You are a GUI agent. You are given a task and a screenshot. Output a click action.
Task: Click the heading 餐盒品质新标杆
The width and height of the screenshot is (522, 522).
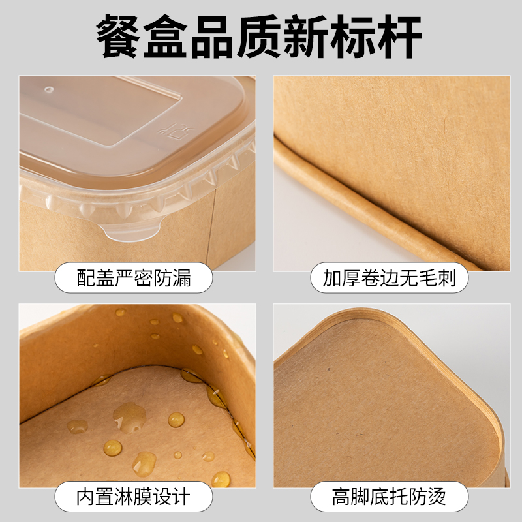coord(259,37)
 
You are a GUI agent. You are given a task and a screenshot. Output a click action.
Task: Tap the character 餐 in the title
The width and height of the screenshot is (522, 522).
coord(119,37)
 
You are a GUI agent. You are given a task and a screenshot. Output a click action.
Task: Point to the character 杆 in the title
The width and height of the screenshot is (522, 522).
coord(400,37)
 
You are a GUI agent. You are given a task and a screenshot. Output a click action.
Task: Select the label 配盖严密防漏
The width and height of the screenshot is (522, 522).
coord(134,278)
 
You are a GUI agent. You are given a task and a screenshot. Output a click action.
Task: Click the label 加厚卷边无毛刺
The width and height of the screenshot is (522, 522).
coord(389,278)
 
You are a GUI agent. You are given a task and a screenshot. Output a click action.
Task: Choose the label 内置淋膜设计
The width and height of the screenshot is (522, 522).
coord(134,497)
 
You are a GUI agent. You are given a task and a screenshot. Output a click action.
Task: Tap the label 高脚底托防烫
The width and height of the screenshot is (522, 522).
coord(389,497)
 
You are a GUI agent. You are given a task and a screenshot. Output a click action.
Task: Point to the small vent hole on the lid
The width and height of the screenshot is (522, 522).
coord(50,89)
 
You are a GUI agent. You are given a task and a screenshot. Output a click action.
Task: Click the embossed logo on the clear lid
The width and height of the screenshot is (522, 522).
coord(175,130)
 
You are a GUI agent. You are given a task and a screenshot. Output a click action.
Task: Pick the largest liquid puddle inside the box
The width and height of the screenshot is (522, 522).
coord(129,417)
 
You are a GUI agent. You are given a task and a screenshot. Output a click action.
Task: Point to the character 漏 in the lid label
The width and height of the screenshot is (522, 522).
coord(182,278)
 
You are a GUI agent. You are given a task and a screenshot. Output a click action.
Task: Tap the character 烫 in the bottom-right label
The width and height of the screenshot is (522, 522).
coord(437,497)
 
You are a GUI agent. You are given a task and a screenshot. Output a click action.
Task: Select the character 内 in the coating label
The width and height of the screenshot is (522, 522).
coord(85,497)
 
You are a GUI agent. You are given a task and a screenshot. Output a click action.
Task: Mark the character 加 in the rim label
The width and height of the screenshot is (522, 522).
coord(332,278)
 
